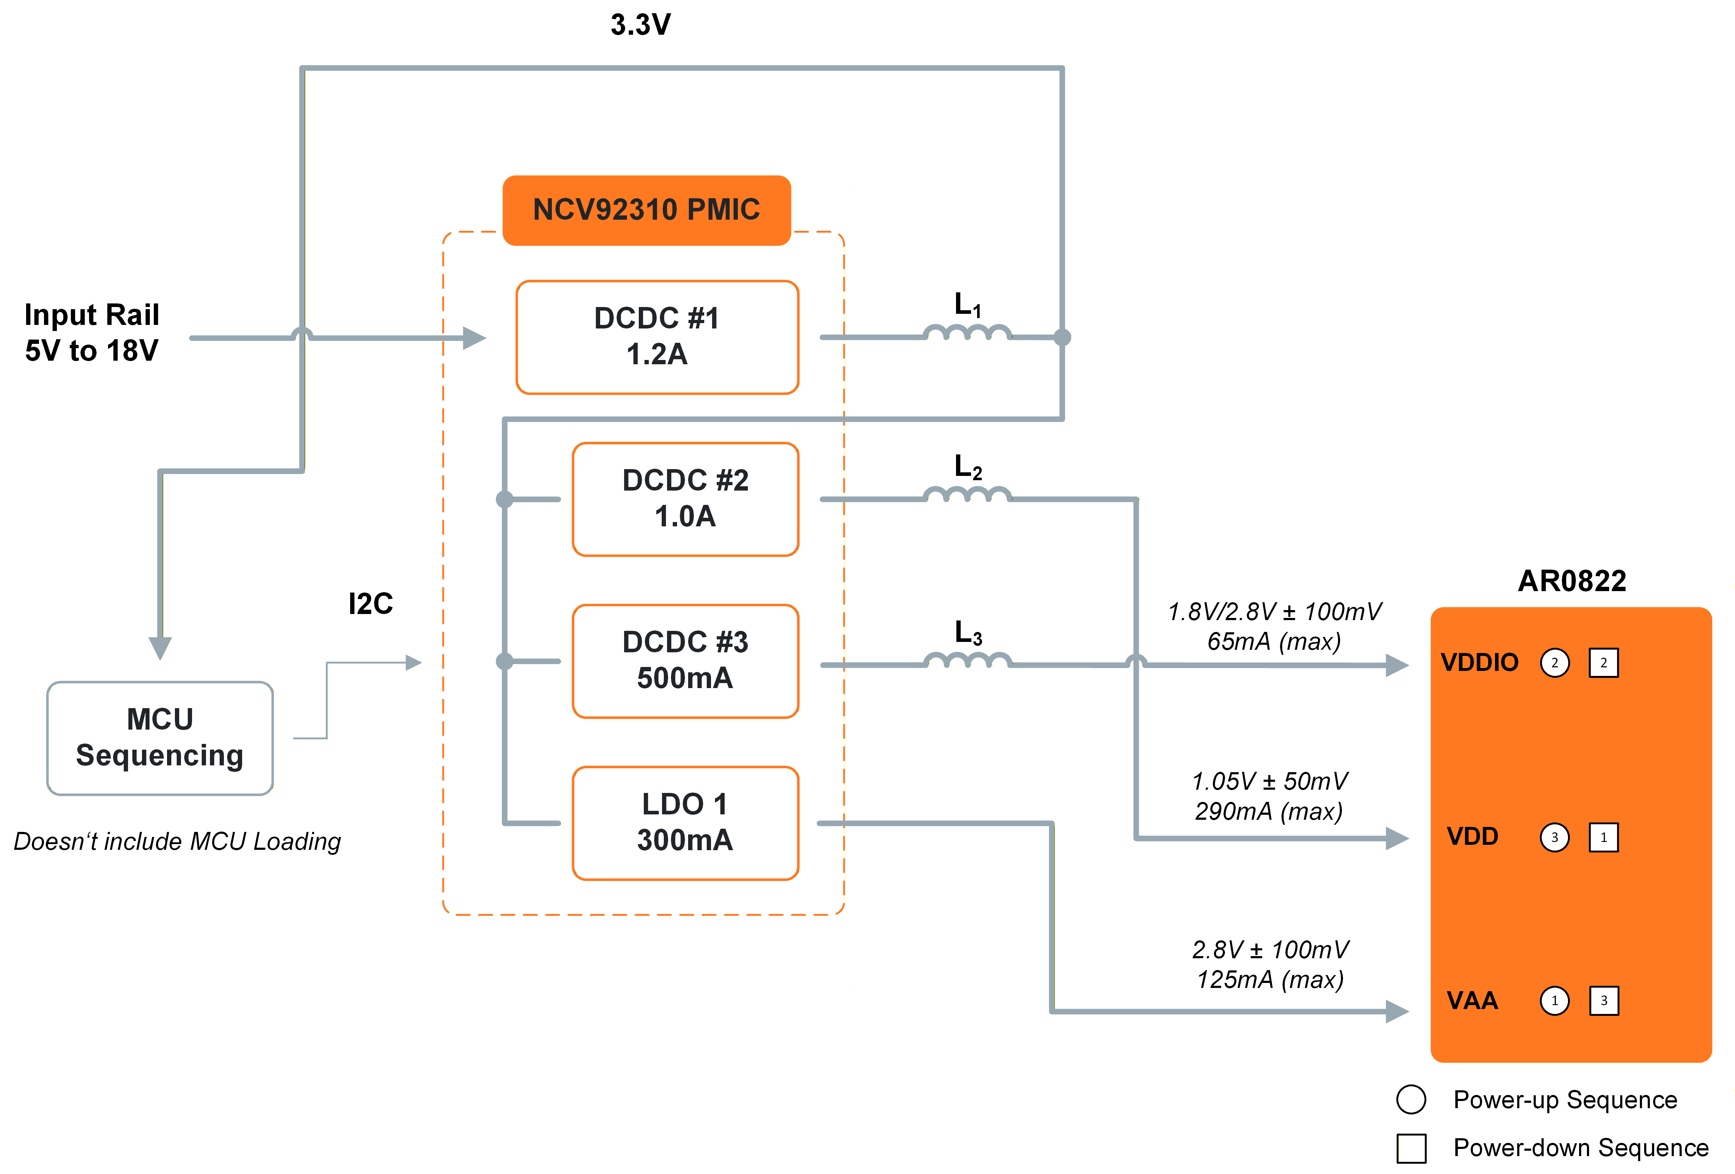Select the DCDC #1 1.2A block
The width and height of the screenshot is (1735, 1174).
[657, 337]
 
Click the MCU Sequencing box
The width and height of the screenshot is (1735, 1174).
[160, 738]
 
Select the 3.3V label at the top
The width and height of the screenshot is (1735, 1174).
[641, 25]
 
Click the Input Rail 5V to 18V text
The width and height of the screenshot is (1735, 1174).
[92, 332]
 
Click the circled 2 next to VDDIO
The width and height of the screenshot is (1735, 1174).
[1554, 662]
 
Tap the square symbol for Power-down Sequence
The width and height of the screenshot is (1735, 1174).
[1411, 1148]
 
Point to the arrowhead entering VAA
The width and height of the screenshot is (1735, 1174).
[1396, 1011]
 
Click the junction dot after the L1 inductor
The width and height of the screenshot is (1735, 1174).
[1062, 337]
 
